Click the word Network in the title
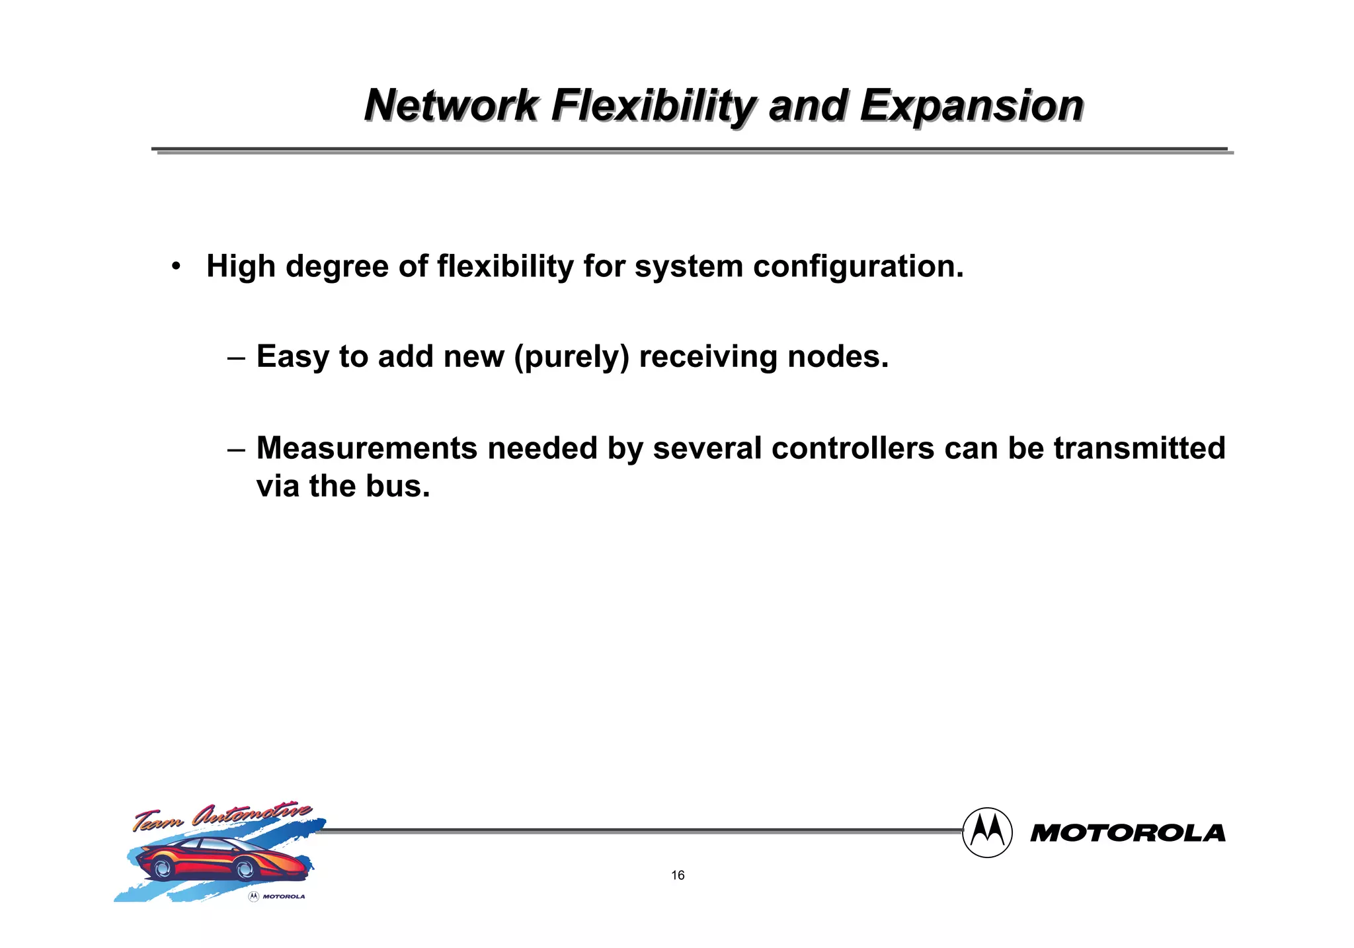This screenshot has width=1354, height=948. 452,106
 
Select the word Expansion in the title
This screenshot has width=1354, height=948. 972,106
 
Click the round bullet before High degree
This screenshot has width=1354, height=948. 175,267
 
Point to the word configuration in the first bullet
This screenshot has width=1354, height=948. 858,267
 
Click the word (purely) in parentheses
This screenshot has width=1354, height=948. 571,358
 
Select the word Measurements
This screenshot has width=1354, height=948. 367,448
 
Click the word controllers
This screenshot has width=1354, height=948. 853,448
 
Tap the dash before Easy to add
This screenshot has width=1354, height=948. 236,358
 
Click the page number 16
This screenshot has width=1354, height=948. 678,875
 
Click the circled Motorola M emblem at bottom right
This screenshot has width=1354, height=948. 987,832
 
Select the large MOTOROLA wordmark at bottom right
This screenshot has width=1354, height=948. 1127,833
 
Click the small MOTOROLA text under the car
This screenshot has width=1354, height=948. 284,896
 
